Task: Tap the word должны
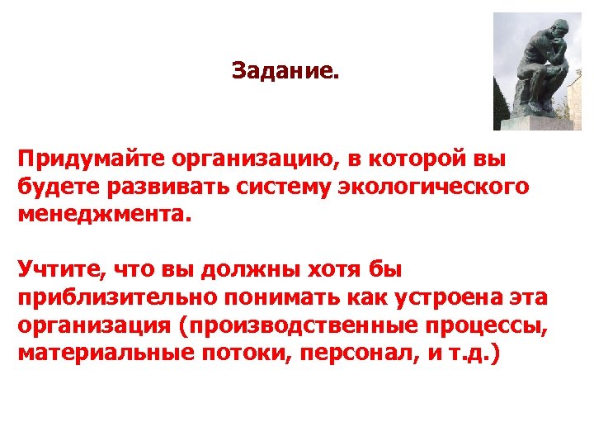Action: [242, 270]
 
